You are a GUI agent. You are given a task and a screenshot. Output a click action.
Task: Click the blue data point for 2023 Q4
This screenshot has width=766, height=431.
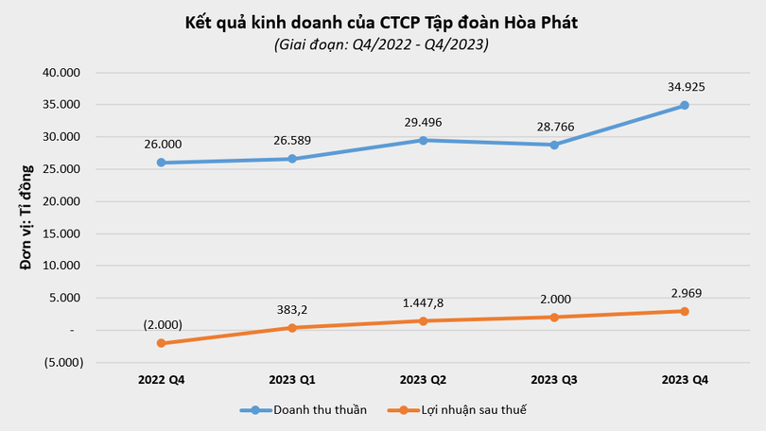[685, 105]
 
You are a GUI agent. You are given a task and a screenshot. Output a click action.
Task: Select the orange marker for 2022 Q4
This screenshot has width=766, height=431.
[162, 343]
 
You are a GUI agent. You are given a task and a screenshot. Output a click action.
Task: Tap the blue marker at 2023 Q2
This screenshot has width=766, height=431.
[423, 140]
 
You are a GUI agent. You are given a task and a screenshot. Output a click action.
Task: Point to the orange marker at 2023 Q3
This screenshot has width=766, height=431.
[554, 317]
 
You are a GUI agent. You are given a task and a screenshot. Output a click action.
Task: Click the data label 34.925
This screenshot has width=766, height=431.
[685, 87]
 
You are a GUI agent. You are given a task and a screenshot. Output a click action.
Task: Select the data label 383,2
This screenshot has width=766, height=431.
[292, 310]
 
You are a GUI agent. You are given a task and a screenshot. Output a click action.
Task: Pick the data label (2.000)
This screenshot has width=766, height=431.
[162, 324]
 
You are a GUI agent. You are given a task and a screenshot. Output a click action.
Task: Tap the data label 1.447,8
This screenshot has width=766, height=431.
[423, 302]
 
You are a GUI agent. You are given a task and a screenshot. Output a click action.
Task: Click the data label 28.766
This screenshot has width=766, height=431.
[554, 127]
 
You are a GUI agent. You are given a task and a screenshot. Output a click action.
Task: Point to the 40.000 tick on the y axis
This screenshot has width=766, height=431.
[63, 73]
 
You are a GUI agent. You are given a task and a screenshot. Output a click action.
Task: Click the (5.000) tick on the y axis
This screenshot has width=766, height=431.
[63, 362]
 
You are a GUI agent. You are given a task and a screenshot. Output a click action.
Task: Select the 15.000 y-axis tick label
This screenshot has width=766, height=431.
[63, 233]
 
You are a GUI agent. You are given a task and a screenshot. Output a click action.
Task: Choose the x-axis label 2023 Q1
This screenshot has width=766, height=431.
[292, 379]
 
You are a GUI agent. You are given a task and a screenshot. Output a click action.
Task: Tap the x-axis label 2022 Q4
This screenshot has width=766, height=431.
[162, 379]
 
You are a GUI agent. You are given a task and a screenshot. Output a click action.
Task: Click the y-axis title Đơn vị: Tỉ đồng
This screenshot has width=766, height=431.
[26, 217]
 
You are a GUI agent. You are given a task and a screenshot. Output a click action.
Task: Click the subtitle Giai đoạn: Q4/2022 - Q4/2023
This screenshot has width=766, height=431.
[381, 44]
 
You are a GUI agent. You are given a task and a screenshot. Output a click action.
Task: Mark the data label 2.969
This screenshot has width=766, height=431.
[685, 293]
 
